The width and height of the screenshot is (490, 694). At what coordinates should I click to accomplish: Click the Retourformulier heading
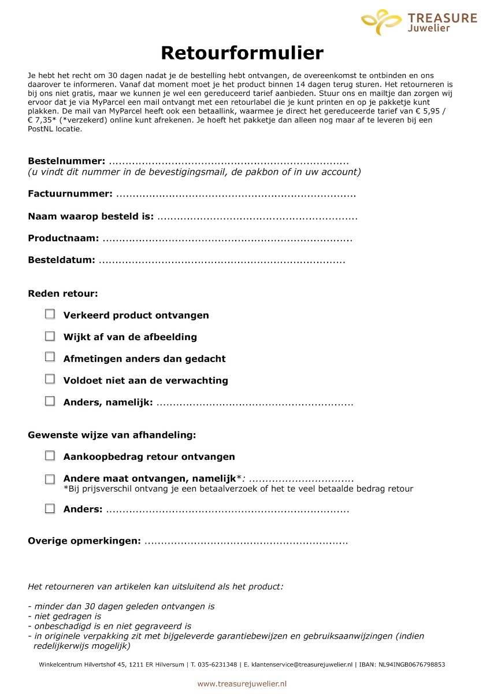242,53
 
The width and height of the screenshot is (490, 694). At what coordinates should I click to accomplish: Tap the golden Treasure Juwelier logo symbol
381,22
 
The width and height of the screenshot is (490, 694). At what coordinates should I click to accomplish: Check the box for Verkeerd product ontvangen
50,314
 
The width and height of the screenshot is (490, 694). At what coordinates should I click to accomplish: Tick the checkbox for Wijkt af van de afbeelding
50,336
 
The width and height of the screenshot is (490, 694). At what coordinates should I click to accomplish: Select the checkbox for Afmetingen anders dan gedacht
50,357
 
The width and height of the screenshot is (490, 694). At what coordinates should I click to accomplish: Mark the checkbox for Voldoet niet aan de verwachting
50,379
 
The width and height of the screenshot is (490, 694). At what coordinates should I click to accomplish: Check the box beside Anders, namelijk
50,401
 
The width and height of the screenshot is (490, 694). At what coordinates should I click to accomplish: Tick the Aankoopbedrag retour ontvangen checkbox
50,456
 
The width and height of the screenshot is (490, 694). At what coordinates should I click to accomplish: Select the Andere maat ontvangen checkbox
50,479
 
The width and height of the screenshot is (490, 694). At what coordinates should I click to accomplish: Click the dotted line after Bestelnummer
228,161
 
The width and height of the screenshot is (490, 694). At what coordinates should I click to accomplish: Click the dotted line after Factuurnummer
235,194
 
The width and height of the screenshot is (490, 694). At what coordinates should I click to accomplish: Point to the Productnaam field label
63,238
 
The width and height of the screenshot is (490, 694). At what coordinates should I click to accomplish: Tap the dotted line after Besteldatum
222,261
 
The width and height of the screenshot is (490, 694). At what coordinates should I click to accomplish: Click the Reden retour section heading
63,294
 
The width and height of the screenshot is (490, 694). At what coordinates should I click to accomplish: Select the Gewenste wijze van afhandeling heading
112,435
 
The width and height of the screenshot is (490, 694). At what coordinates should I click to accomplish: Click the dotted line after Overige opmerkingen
246,542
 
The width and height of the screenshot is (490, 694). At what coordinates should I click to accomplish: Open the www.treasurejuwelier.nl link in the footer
242,684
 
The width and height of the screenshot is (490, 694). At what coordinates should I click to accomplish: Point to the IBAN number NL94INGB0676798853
411,665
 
